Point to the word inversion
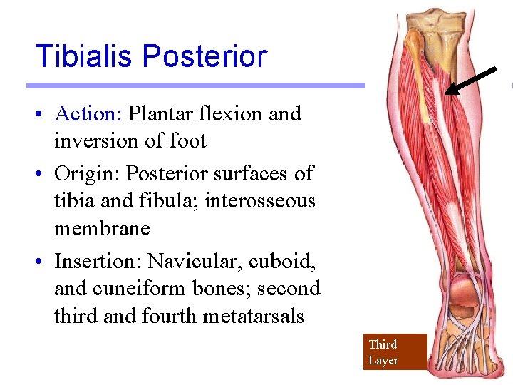click(97, 141)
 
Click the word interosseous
click(259, 201)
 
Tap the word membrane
click(102, 229)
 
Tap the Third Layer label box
click(395, 351)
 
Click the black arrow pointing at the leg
click(471, 80)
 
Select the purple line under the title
click(195, 86)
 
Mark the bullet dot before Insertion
click(43, 262)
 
